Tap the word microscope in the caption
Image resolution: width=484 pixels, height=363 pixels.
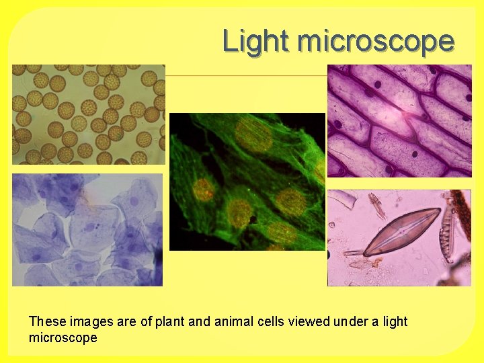click(x=63, y=337)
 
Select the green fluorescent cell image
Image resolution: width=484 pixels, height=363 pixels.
click(x=247, y=182)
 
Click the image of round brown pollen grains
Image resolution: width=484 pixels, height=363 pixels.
click(x=88, y=114)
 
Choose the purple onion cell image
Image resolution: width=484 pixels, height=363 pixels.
click(x=399, y=121)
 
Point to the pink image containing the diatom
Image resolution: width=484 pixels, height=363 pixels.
click(x=399, y=238)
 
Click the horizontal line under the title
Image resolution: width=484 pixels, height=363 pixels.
click(x=246, y=76)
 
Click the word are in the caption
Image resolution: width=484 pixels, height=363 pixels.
click(x=127, y=321)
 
